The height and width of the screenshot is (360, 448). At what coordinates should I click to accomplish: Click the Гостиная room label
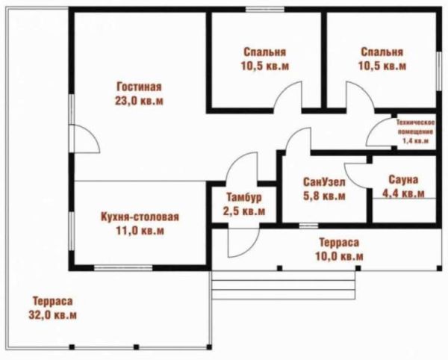pos(140,87)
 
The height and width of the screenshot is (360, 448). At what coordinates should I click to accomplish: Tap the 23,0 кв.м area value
pos(139,101)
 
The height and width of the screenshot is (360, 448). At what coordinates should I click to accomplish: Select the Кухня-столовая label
pos(140,217)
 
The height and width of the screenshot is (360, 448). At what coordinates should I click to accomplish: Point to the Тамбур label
pos(244,197)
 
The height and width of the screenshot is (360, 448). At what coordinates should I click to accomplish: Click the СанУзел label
pos(324,182)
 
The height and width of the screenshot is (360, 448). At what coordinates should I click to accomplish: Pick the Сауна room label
pos(403,180)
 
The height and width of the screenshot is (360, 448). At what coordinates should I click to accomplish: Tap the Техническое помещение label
pos(415,128)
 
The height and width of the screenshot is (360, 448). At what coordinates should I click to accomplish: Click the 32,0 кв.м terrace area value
pos(52,315)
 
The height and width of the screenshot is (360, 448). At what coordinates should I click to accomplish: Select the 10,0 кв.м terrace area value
pos(339,256)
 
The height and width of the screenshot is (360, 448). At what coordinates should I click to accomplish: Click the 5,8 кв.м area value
pos(324,196)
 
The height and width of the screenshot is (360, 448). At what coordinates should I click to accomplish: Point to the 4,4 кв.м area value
pos(403,193)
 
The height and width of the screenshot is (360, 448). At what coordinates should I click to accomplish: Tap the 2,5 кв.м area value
pos(244,211)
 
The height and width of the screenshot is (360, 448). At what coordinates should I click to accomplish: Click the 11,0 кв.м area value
pos(140,231)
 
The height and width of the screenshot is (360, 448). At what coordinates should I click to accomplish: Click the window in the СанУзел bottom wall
pos(308,226)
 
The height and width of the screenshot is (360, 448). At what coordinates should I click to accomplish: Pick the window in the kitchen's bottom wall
pos(123,267)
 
